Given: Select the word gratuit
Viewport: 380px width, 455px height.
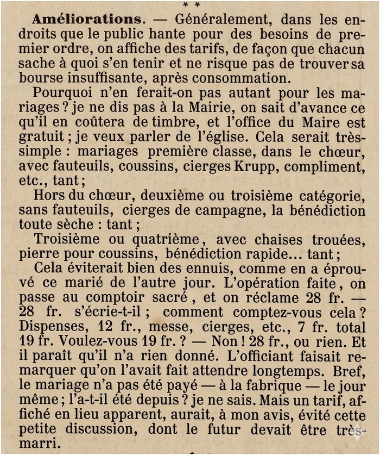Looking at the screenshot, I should [40, 136].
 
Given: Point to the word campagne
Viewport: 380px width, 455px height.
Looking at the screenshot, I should [235, 210].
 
